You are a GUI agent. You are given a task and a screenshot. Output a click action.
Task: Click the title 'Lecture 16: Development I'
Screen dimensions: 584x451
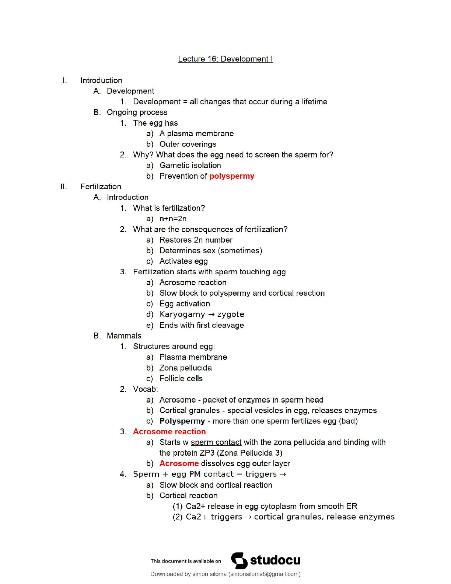(x=225, y=59)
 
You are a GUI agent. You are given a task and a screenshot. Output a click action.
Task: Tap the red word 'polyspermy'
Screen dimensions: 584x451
(x=232, y=176)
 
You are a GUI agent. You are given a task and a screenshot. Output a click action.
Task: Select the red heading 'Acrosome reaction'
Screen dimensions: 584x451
(x=169, y=432)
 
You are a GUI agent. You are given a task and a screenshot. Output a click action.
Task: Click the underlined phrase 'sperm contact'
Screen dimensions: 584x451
(x=216, y=442)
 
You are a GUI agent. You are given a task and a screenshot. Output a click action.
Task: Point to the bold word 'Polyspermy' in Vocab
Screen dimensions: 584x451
(x=182, y=421)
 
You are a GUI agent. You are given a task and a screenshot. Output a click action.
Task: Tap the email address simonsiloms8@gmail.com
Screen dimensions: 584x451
(x=264, y=574)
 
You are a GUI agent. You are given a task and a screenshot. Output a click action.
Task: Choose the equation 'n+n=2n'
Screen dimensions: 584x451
(x=173, y=219)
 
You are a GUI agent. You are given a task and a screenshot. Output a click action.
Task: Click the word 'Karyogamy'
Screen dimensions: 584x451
(x=182, y=314)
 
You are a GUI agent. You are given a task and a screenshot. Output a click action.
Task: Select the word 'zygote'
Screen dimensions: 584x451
(x=231, y=314)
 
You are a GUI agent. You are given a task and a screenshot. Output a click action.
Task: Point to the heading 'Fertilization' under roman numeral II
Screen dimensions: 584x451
(x=101, y=187)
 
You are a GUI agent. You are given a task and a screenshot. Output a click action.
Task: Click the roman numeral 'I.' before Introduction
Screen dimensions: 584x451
(x=64, y=80)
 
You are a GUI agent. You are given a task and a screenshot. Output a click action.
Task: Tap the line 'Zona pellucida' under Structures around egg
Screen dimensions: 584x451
(x=185, y=368)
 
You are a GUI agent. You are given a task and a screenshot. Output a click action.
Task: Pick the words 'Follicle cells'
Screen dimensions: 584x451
(x=181, y=379)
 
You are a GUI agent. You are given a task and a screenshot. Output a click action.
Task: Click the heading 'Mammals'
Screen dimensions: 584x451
(x=124, y=336)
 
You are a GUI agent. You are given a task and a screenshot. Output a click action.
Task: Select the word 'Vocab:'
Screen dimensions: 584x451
(x=145, y=389)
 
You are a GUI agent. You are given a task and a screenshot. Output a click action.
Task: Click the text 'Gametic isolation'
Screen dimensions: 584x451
(x=190, y=166)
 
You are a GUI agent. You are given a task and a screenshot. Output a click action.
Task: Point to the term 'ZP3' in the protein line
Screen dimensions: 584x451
(x=207, y=453)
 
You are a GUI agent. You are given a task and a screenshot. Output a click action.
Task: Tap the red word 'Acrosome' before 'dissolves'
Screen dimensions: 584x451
(x=179, y=463)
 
